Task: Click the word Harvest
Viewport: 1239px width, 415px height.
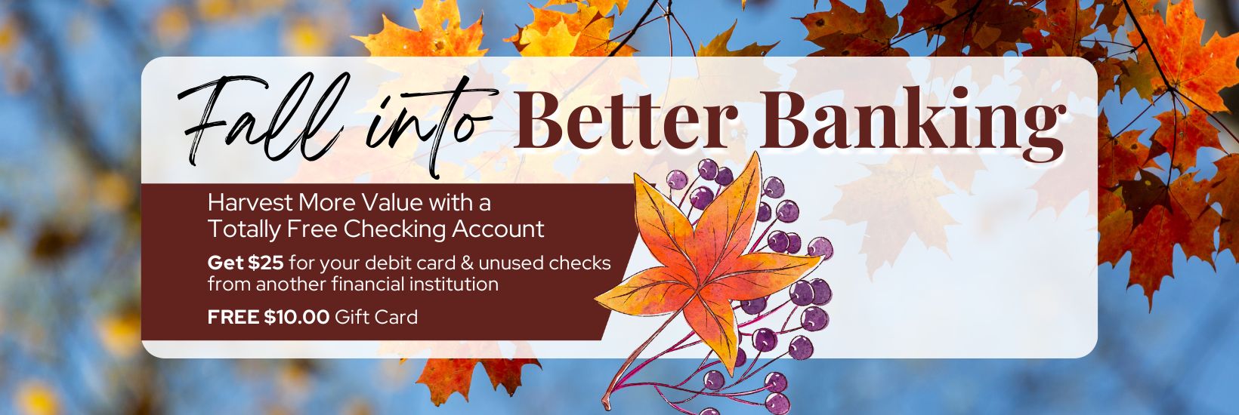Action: coord(250,203)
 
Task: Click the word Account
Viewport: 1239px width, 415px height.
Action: coord(498,229)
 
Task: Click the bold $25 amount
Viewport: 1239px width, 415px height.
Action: coord(265,263)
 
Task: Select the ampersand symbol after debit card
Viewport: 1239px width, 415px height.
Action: coord(467,263)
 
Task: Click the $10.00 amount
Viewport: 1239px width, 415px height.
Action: coord(297,317)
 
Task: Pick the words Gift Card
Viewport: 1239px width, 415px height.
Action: coord(376,317)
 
